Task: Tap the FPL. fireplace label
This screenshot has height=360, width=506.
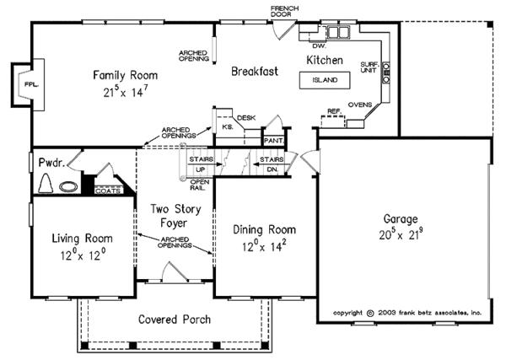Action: coord(29,85)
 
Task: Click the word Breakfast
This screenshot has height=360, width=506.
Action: coord(255,73)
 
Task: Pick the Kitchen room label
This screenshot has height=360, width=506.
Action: coord(324,60)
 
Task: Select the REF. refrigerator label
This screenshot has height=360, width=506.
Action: coord(334,111)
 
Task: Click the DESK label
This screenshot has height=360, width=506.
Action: coord(246,117)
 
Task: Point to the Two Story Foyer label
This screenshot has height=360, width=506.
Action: coord(175,216)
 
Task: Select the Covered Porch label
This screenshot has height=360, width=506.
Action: coord(174,320)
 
